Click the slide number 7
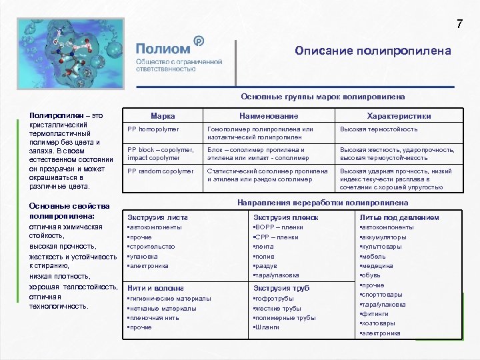click(459, 25)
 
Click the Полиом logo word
click(163, 48)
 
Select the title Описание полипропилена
click(373, 51)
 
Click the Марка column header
click(163, 115)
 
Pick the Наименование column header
click(267, 115)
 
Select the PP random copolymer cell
click(159, 171)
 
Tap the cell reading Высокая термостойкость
click(379, 129)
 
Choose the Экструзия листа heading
click(157, 217)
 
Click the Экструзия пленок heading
click(286, 217)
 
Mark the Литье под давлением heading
click(399, 217)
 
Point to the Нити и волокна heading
click(155, 288)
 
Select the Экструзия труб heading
click(282, 288)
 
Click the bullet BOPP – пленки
click(279, 227)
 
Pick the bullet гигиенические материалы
click(170, 299)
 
